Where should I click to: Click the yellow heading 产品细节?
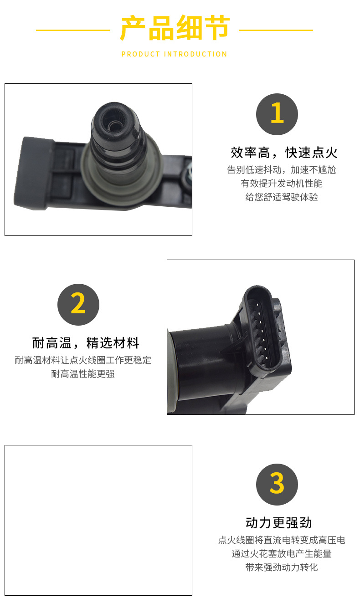175,28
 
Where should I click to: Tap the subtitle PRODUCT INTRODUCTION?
174,54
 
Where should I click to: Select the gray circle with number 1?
277,114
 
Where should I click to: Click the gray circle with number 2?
78,305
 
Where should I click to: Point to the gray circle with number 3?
277,485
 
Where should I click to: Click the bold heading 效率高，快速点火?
284,153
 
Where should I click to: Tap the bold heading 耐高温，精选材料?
86,343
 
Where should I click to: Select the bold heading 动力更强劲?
278,523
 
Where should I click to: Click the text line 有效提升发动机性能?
282,184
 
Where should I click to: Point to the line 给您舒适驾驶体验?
282,197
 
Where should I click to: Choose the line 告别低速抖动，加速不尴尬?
282,170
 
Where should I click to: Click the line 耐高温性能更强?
83,374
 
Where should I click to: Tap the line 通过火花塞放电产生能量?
282,553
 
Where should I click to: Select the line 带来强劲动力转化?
282,567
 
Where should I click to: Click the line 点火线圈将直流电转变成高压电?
282,540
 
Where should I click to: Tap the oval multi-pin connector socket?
262,328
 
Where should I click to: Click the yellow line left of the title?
73,30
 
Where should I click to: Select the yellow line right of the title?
276,30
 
